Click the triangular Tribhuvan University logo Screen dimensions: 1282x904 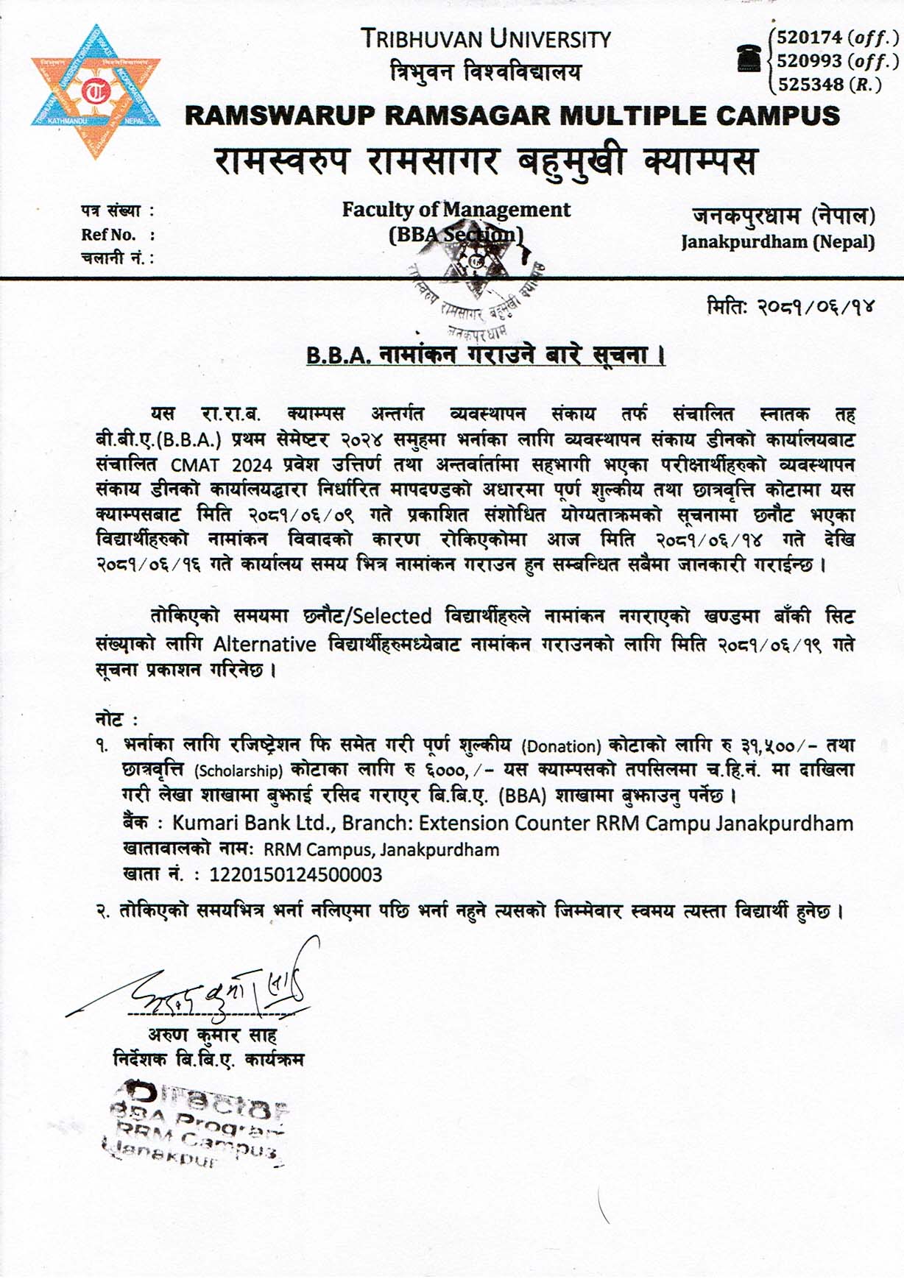coord(95,91)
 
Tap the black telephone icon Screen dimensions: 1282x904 coord(749,58)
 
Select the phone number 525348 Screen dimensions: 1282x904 coord(811,85)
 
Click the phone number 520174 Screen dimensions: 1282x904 coord(811,38)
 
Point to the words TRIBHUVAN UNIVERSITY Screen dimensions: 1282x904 coord(486,39)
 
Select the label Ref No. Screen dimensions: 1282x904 coord(109,235)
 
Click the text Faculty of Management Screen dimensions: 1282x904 coord(456,210)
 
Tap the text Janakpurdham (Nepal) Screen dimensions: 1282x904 coord(777,241)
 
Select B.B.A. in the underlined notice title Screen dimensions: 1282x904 coord(338,355)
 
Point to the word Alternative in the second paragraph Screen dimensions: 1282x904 coord(264,645)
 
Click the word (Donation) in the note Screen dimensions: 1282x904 coord(562,747)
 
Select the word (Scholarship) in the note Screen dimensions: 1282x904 coord(239,771)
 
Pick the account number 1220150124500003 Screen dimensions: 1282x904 coord(296,874)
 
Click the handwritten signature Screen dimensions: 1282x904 coord(221,982)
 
